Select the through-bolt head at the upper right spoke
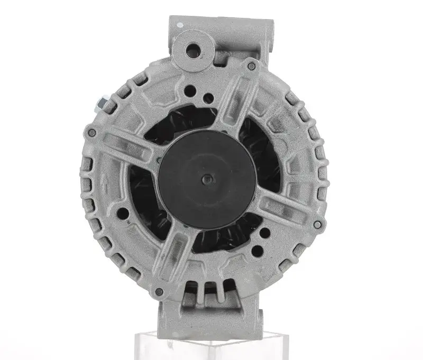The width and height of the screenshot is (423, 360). click(251, 65)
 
